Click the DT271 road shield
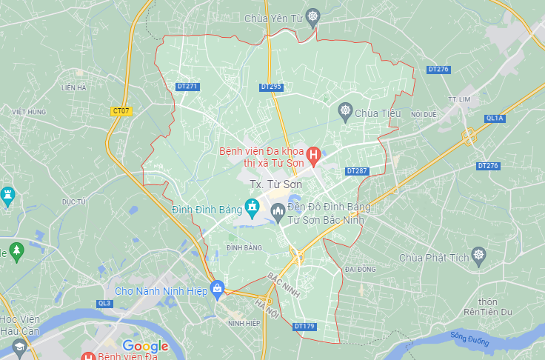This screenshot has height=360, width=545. coord(188,87)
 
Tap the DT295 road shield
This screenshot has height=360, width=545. coord(272,87)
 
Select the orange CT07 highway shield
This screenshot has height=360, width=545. coord(121,111)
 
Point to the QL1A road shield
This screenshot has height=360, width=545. coord(495,119)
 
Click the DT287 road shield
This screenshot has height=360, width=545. coord(357,171)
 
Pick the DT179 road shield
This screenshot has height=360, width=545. coord(304,326)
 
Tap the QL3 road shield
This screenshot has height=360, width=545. coord(104,303)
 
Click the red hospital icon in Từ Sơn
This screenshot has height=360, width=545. coord(313,156)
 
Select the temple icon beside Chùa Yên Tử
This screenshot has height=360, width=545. coord(314,16)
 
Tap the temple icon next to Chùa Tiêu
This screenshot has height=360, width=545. coord(345,113)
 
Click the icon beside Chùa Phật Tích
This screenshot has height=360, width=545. coord(479,257)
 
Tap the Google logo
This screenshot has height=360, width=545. coord(145,346)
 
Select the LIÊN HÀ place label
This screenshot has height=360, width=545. coord(74,87)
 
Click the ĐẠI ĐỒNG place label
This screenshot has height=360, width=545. coord(361,269)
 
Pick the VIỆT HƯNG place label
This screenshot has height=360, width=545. coord(29,112)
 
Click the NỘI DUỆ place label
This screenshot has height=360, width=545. coord(425,114)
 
